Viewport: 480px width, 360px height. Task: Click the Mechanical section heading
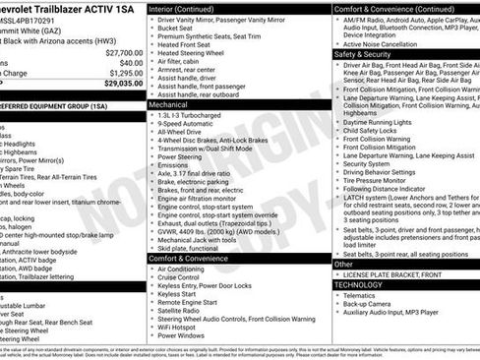[x=168, y=103]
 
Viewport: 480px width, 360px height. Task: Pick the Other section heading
[x=343, y=264]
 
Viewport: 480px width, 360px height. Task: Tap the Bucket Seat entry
[x=180, y=28]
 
